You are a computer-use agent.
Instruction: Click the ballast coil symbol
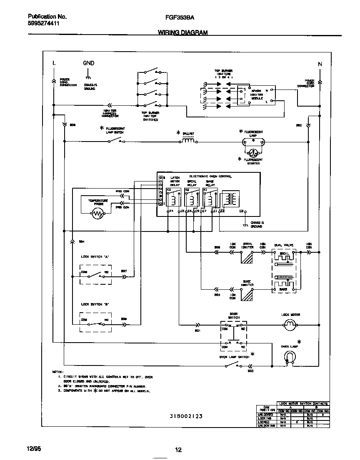click(188, 141)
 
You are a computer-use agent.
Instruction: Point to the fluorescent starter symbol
click(252, 152)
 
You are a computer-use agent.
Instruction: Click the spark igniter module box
click(256, 95)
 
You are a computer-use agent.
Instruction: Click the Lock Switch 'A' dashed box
click(95, 274)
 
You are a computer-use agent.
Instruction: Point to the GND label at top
click(88, 63)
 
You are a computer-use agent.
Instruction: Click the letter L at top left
click(54, 63)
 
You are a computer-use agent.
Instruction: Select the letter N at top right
click(320, 64)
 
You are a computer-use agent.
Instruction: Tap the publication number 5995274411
click(43, 24)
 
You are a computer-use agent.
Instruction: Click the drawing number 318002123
click(186, 416)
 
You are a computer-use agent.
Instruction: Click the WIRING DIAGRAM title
click(182, 32)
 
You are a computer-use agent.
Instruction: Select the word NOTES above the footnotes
click(57, 371)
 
